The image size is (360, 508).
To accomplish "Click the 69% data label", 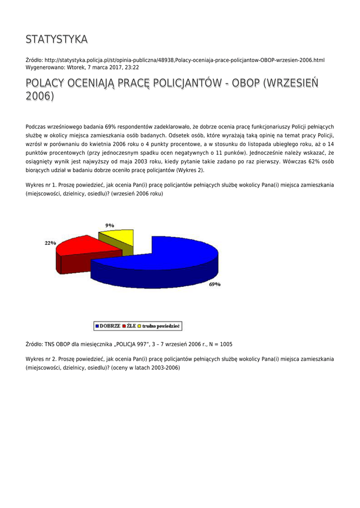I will point(215,284).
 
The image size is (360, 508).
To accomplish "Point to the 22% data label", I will point(50,243).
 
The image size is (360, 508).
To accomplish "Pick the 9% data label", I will point(110,225).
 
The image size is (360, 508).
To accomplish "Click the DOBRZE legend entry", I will point(108,326).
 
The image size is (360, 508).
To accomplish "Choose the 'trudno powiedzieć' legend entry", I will point(159,326).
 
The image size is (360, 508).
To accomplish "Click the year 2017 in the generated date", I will point(109,67).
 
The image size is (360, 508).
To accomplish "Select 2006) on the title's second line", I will point(40,96).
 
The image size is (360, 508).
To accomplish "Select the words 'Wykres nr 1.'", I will point(41,185).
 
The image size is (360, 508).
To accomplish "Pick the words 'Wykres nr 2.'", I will point(41,359).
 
